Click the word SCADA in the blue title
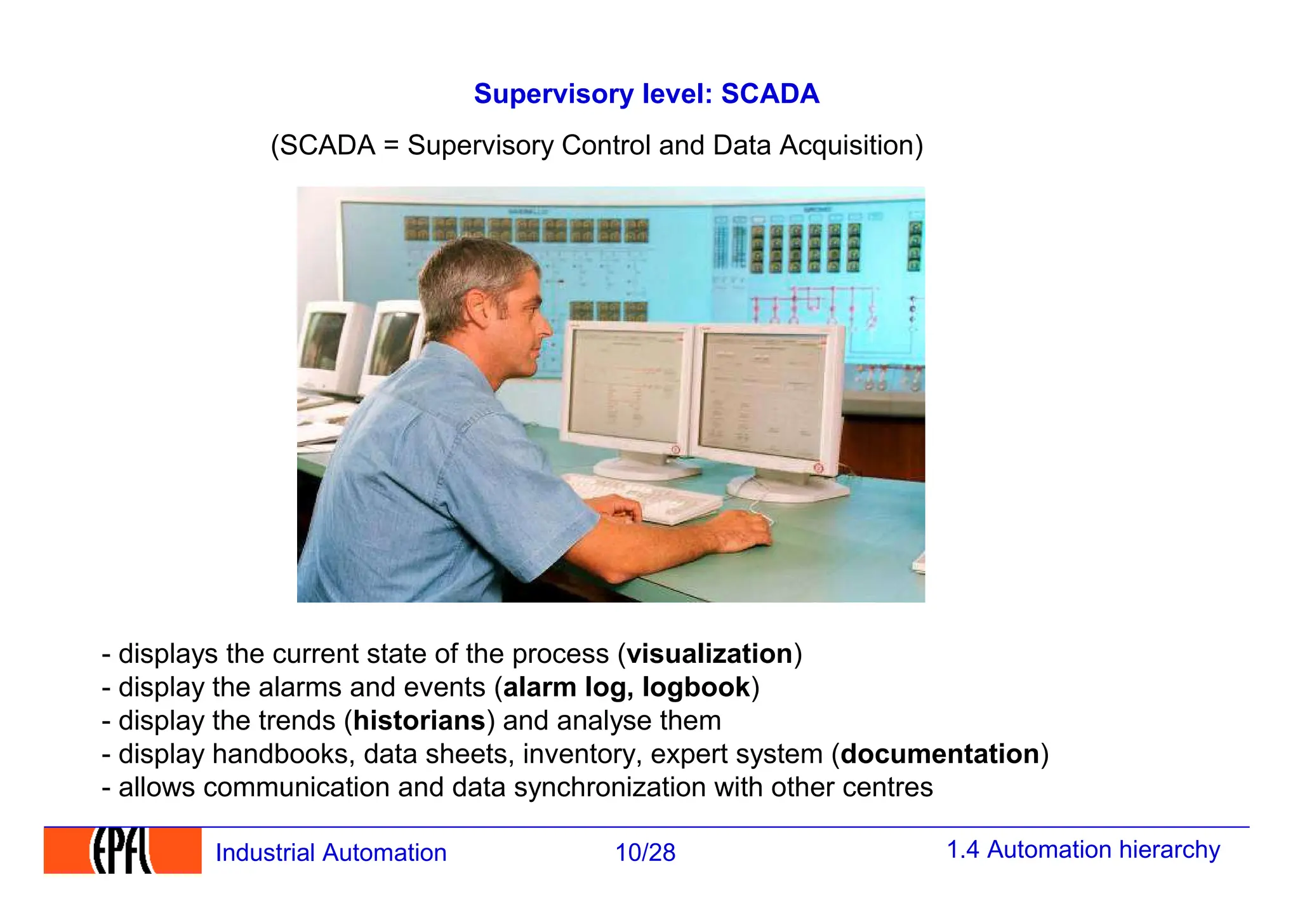point(769,94)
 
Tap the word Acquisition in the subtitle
point(851,145)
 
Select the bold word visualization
point(710,654)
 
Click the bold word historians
point(420,721)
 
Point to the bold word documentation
point(939,754)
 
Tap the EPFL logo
point(123,851)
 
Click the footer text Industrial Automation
point(331,853)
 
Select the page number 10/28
point(645,853)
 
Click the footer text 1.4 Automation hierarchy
point(1083,850)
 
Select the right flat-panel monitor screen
point(765,394)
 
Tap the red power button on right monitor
point(818,468)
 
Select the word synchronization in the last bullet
point(609,787)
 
